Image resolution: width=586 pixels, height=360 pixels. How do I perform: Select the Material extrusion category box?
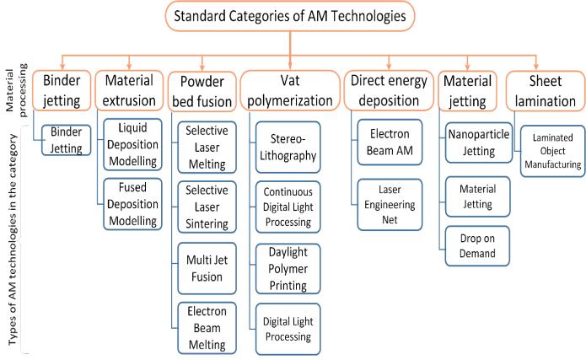(x=129, y=90)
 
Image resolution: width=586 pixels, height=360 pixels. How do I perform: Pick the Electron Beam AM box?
(x=390, y=146)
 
